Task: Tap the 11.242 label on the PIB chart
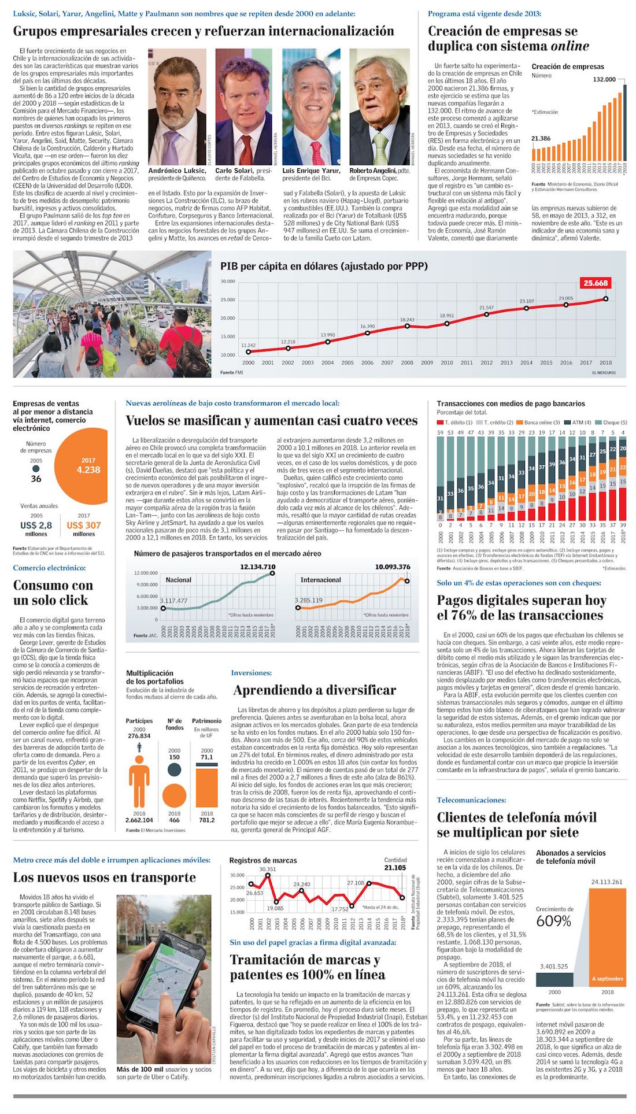[248, 345]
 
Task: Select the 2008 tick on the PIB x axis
[407, 363]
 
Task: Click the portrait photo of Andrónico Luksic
[177, 107]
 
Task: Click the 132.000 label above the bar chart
[604, 79]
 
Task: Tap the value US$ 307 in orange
[84, 525]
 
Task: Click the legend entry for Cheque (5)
[614, 423]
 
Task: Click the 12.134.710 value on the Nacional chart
[258, 567]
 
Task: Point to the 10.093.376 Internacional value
[393, 567]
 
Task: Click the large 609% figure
[553, 921]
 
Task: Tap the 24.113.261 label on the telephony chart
[607, 882]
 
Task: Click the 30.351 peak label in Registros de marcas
[267, 869]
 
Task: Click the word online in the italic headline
[570, 46]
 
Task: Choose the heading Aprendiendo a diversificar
[315, 690]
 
